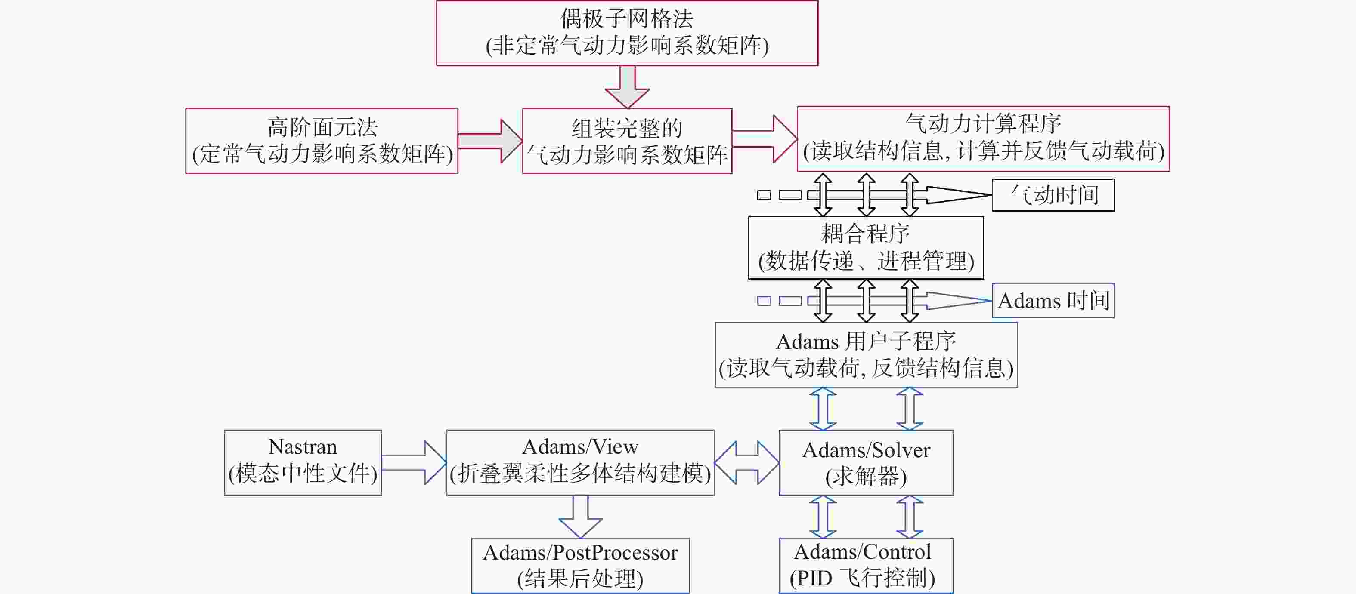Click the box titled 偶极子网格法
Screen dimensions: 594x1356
(x=627, y=33)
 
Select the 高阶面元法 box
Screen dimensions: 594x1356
(x=322, y=141)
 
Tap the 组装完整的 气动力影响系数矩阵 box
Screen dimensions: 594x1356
(x=627, y=141)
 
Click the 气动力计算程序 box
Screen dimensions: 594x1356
(x=983, y=139)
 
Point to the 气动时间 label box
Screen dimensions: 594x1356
(x=1053, y=195)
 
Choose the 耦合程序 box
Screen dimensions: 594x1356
(x=866, y=247)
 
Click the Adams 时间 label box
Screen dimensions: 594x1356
(x=1053, y=300)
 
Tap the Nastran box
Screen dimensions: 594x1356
(x=303, y=462)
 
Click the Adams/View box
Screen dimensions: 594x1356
(x=580, y=462)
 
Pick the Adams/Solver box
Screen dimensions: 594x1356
(x=866, y=462)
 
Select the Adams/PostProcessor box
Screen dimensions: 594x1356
(x=580, y=566)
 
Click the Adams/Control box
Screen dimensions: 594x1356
(x=866, y=566)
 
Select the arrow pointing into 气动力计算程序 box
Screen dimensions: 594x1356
(x=765, y=139)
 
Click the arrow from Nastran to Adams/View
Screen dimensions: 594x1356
(x=414, y=462)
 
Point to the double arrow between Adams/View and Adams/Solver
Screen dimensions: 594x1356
(x=746, y=462)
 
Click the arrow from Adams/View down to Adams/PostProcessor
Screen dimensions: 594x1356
(x=580, y=517)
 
